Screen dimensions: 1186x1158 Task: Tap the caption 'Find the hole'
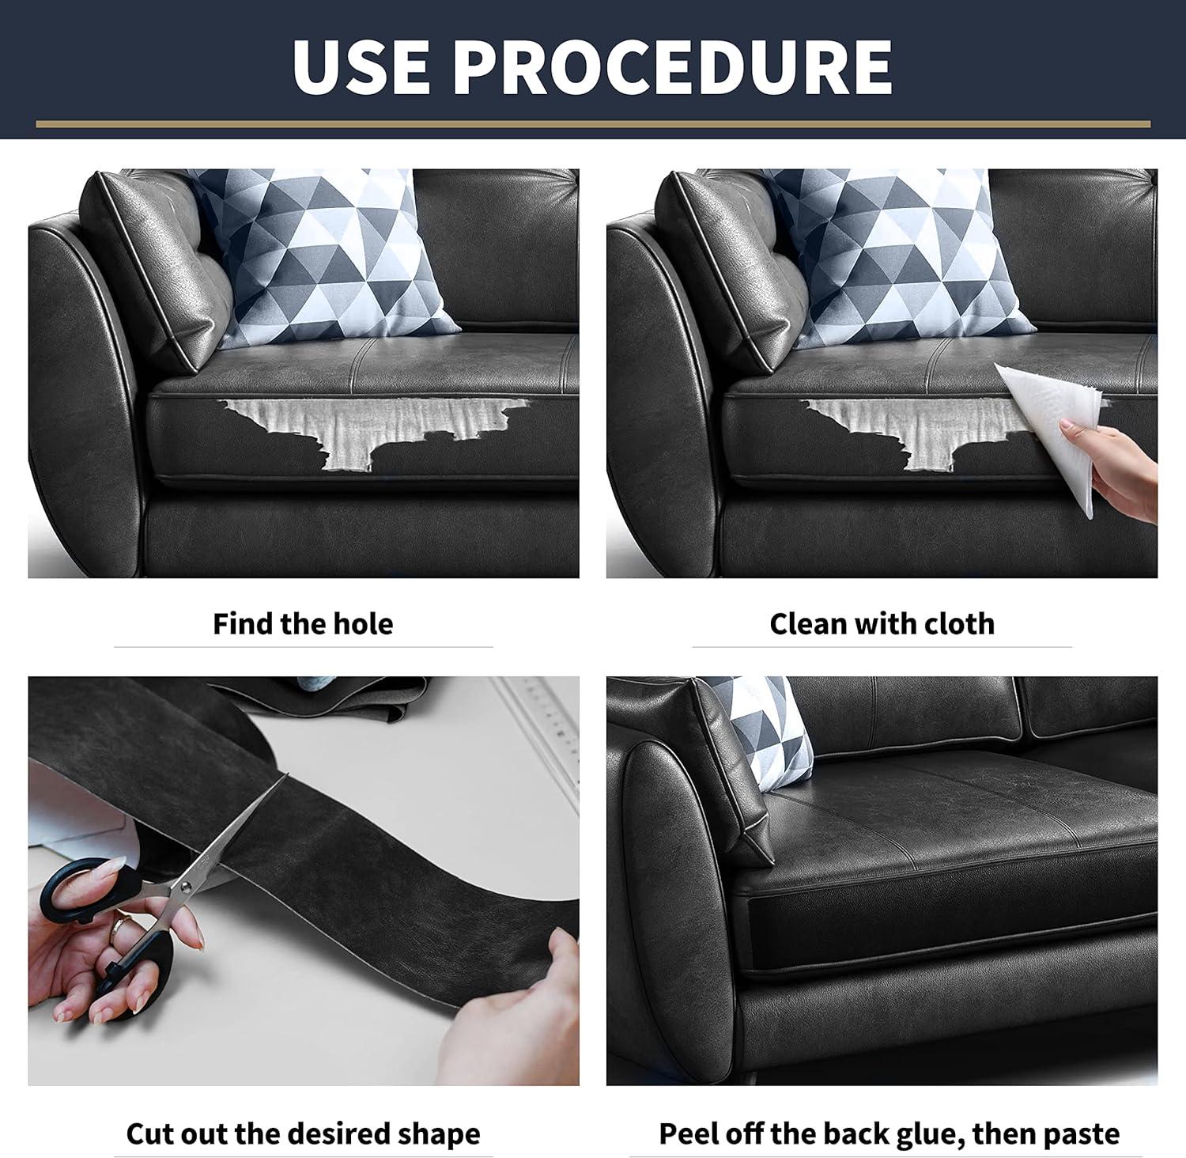pos(303,624)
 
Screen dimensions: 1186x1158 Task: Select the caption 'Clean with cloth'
pos(882,624)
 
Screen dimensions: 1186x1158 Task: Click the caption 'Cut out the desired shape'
pos(303,1133)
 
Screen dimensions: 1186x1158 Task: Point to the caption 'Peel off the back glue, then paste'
pos(889,1133)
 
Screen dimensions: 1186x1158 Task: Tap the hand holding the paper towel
pos(1115,471)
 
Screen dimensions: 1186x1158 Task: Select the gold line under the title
pos(593,124)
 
